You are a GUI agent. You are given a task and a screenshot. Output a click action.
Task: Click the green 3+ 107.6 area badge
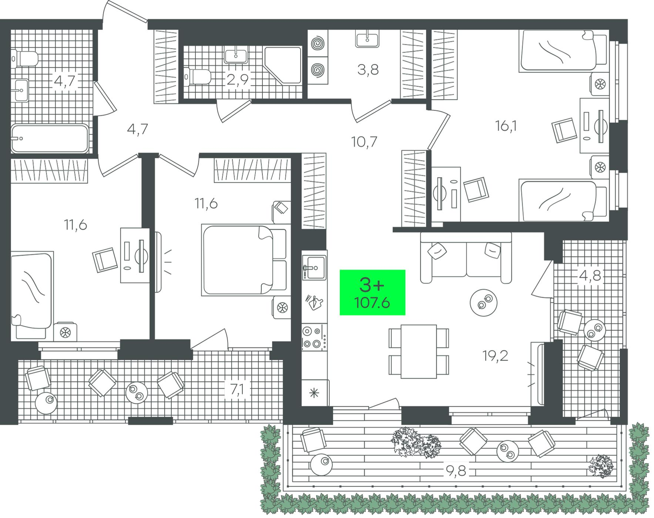click(x=372, y=292)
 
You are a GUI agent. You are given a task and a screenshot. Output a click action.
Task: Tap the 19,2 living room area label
click(x=495, y=356)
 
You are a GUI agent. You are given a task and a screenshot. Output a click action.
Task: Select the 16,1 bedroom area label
click(x=506, y=126)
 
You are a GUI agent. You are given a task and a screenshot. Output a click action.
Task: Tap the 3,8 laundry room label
click(x=368, y=70)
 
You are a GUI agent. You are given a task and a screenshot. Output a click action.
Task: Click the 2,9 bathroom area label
click(x=237, y=80)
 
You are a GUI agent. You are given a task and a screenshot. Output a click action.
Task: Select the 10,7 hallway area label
click(x=364, y=141)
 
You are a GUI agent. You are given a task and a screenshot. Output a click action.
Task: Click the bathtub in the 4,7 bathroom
click(x=50, y=139)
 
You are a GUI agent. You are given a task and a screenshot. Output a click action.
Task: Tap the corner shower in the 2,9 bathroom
click(x=283, y=65)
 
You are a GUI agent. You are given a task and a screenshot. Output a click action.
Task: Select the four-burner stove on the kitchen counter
click(x=314, y=337)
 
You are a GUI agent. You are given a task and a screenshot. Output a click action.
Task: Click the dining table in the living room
click(x=419, y=351)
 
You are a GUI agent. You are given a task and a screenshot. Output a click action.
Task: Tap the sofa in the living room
click(x=466, y=258)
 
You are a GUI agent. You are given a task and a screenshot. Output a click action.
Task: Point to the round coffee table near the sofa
click(x=483, y=302)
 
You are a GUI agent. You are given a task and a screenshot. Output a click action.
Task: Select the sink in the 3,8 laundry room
click(x=367, y=39)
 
